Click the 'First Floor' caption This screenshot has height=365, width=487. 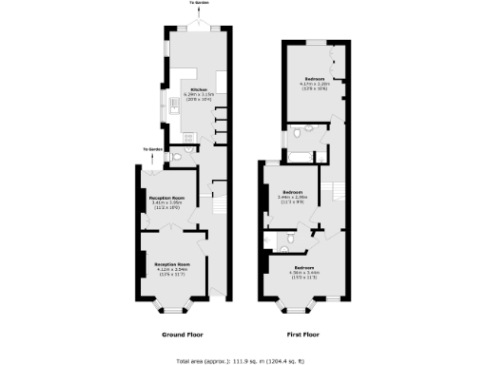point(302,336)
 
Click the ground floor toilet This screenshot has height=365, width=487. point(189,149)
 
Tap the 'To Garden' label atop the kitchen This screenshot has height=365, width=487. point(197,4)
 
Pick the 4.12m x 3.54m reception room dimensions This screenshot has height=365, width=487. point(172,270)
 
